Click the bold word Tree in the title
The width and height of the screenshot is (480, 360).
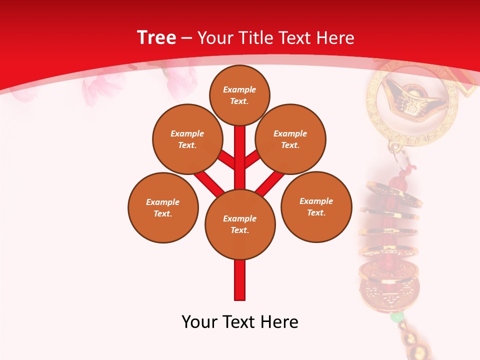[156, 38]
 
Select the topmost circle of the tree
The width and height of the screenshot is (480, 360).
[239, 95]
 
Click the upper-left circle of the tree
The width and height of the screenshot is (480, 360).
[187, 139]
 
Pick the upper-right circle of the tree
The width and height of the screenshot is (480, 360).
[290, 139]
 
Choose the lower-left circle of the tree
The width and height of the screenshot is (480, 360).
[163, 207]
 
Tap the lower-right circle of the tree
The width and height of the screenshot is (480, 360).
[316, 206]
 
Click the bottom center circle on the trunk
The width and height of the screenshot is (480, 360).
[240, 224]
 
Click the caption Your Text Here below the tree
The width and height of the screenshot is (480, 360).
[240, 322]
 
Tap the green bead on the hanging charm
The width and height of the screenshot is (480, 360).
[396, 317]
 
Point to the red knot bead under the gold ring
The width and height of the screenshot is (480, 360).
[398, 180]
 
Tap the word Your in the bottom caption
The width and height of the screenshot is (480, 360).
[198, 322]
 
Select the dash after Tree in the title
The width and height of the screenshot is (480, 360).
[186, 38]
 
